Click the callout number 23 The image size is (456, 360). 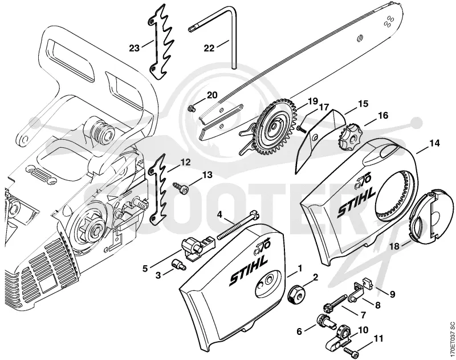pyautogui.click(x=135, y=48)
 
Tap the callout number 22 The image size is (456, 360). pyautogui.click(x=209, y=48)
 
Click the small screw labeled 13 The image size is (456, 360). pyautogui.click(x=181, y=187)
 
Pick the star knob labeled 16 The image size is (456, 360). pyautogui.click(x=348, y=135)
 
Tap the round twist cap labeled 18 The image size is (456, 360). pyautogui.click(x=431, y=214)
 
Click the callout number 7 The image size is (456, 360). pyautogui.click(x=363, y=315)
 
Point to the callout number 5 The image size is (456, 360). pyautogui.click(x=145, y=268)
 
